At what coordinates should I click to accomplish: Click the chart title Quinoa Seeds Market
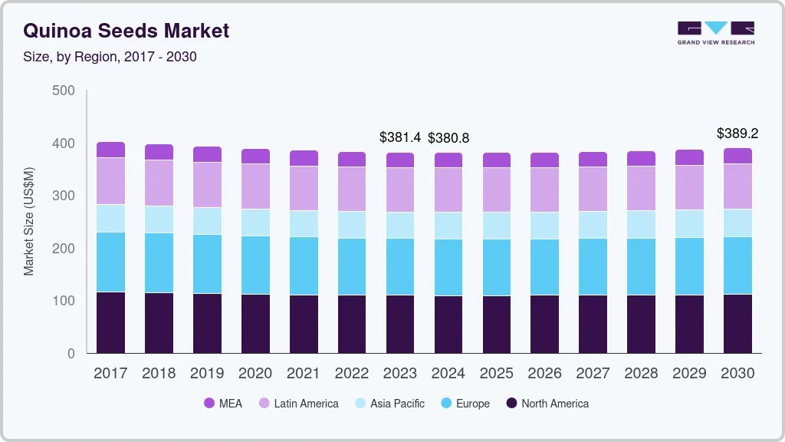(x=126, y=31)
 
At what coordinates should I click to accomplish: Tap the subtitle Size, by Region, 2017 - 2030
(x=110, y=57)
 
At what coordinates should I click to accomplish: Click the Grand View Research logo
(x=715, y=32)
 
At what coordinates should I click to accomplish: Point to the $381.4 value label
(x=400, y=137)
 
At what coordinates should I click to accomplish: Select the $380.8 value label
(x=448, y=138)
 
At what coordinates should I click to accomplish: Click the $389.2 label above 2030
(x=737, y=134)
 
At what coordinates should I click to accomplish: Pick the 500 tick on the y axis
(x=64, y=91)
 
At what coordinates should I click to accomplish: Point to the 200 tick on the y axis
(x=64, y=249)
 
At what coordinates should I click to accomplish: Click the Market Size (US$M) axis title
(x=29, y=221)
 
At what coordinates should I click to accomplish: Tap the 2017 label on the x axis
(x=110, y=374)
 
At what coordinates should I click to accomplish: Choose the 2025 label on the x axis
(x=497, y=374)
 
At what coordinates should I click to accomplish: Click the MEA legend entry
(x=223, y=404)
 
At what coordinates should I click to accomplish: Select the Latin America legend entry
(x=298, y=404)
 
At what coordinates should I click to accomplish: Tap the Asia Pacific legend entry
(x=389, y=404)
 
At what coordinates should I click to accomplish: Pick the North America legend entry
(x=547, y=404)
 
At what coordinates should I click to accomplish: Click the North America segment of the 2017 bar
(x=110, y=322)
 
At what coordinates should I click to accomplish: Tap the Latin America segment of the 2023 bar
(x=400, y=190)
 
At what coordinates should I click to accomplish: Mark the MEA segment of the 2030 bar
(x=737, y=156)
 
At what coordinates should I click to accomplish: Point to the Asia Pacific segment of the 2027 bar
(x=593, y=225)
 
